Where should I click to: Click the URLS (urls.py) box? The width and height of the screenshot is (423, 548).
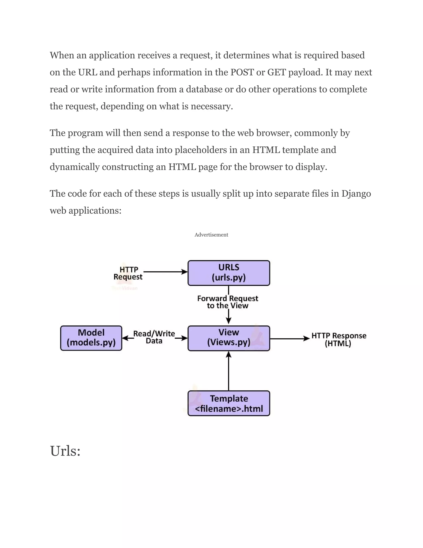click(229, 273)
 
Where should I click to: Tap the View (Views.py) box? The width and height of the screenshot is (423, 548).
click(229, 338)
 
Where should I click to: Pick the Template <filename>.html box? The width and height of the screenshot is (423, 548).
click(229, 403)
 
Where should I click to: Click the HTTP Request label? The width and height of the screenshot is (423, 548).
click(128, 273)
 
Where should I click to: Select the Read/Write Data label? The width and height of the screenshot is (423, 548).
click(154, 337)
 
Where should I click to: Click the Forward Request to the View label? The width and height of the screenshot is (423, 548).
click(228, 302)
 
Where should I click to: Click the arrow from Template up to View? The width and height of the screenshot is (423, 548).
click(229, 371)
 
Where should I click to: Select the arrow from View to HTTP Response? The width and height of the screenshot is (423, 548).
click(289, 339)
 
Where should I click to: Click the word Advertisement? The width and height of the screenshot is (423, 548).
click(211, 235)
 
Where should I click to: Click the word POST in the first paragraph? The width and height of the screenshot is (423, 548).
click(242, 72)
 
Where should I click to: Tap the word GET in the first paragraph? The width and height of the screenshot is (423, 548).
click(277, 72)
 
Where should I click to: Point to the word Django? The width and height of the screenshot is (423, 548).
click(356, 194)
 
